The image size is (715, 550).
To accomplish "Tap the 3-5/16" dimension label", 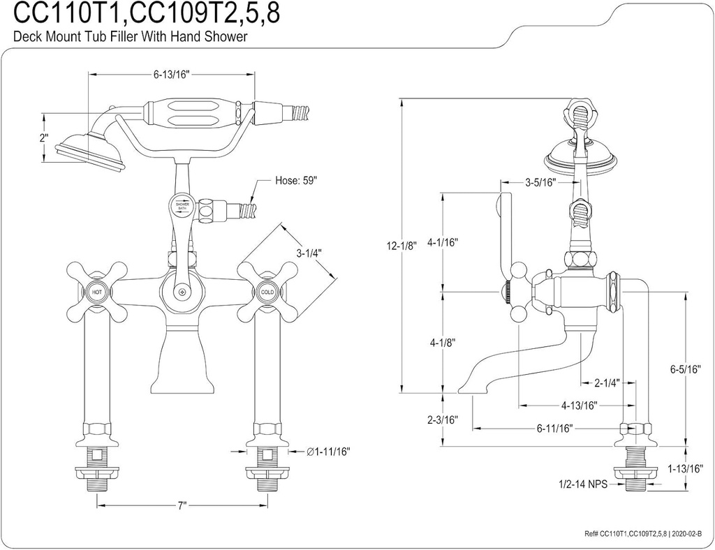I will (x=540, y=183).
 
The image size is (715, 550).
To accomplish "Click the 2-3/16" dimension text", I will (x=443, y=419).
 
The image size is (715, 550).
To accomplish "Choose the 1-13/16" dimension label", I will (x=684, y=468).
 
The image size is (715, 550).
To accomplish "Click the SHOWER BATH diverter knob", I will (x=182, y=207).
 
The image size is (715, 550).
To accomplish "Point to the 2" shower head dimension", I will (x=44, y=137).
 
